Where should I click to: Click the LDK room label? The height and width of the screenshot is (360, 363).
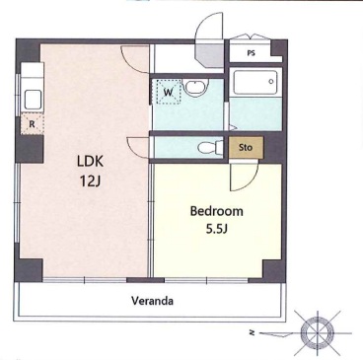[x=91, y=161]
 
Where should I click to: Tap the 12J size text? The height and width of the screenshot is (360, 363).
[x=90, y=180]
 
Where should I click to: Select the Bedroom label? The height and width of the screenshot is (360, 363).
[x=217, y=211]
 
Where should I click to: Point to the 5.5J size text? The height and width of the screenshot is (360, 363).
[x=217, y=229]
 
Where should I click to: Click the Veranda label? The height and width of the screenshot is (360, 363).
[x=152, y=301]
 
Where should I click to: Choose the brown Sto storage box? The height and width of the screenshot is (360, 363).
[x=246, y=147]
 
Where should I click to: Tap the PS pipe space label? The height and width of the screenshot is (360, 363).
[x=251, y=53]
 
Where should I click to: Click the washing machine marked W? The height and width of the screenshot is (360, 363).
[x=169, y=92]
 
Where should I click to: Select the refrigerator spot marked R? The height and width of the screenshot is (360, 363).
[x=32, y=124]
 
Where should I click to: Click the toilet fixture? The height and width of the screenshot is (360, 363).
[x=210, y=147]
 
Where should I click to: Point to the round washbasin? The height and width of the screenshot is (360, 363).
[x=195, y=88]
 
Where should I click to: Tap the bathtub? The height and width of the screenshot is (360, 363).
[x=255, y=82]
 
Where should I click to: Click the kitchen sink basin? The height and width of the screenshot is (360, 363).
[x=33, y=100]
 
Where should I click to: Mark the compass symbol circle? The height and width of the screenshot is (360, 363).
[x=317, y=332]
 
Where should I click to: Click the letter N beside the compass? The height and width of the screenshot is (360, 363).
[x=253, y=333]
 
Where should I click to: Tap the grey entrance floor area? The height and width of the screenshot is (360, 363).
[x=210, y=56]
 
